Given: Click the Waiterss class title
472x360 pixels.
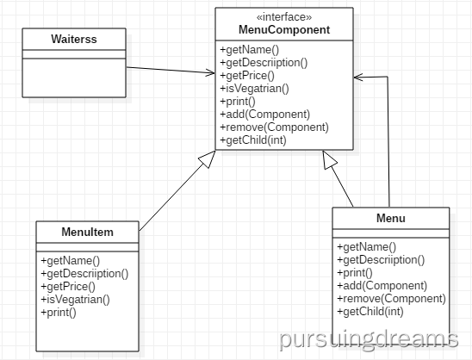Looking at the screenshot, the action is click(x=74, y=39).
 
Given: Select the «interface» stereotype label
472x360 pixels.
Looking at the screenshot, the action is click(x=284, y=17).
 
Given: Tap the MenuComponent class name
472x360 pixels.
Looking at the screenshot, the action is click(x=284, y=30).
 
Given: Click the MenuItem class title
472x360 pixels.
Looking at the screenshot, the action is click(x=87, y=232).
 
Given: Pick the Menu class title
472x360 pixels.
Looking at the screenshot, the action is click(x=391, y=218).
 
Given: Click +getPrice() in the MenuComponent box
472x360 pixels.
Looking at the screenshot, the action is click(x=247, y=76).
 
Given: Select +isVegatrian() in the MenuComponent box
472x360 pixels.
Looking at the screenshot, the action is click(x=254, y=89).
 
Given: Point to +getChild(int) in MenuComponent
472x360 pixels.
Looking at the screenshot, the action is click(x=253, y=140).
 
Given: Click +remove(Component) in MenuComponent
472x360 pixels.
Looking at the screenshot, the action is click(x=274, y=127).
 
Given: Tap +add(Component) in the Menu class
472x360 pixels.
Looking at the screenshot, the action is click(x=382, y=286).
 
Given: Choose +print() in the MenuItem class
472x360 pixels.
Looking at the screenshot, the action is click(x=59, y=313).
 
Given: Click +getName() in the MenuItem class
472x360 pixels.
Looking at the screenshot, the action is click(x=70, y=261).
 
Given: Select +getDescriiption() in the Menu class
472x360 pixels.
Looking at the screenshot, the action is click(x=381, y=260).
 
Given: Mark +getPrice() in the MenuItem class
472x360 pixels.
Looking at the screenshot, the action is click(x=68, y=287).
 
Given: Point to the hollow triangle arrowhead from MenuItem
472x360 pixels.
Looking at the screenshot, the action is click(x=208, y=158).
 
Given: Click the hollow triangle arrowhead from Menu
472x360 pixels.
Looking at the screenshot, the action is click(x=329, y=159).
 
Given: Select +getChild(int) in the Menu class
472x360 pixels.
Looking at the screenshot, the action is click(x=370, y=312).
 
